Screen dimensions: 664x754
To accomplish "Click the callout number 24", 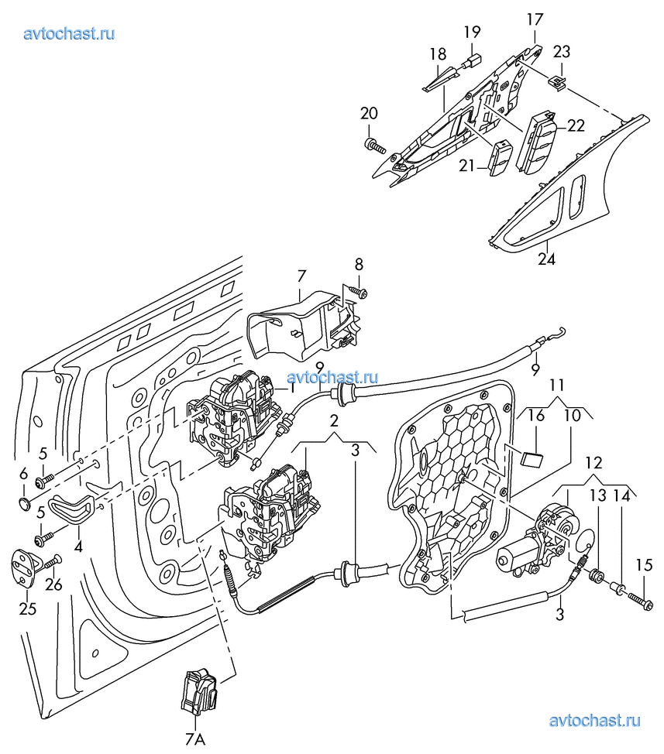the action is coord(546,259).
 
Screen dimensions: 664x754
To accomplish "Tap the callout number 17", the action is coord(535,19).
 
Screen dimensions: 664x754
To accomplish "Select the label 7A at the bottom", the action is coord(195,739).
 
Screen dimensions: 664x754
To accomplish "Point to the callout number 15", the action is coord(645,565).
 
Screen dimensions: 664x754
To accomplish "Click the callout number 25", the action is coord(28,608).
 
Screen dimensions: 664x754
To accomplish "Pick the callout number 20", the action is coord(369,114).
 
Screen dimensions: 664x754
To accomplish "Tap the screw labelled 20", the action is coord(375,146).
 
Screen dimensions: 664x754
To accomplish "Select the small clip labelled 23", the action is coord(557,82).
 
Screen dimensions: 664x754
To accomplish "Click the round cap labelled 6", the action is coord(25,505).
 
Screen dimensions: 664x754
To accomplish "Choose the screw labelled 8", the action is coord(358,291).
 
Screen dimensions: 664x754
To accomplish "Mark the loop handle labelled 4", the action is coord(72,508).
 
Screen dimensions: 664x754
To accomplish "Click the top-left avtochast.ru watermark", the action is coord(69,34).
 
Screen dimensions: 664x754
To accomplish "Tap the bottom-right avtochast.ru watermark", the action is coord(595,721).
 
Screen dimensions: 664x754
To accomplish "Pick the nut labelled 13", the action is coord(597,575).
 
